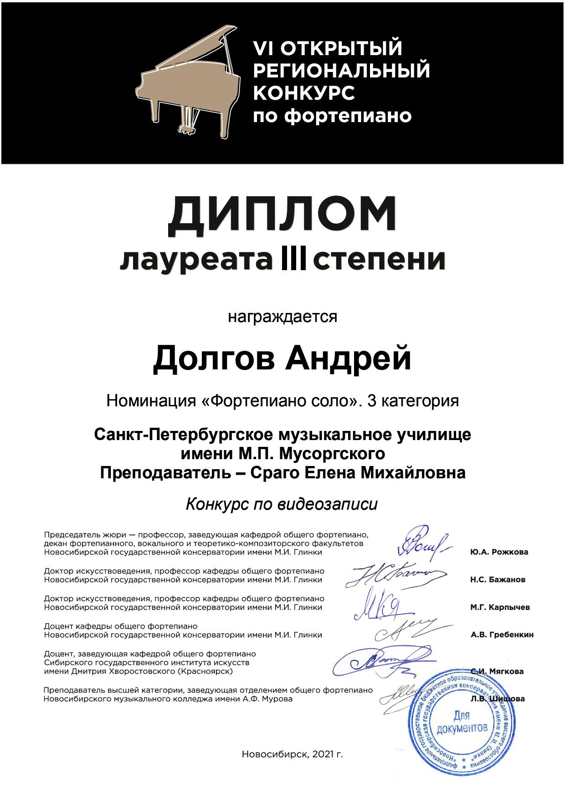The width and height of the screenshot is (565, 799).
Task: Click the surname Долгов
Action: click(214, 359)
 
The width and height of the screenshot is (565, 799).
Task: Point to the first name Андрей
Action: click(349, 359)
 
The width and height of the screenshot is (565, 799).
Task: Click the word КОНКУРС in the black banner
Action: click(304, 93)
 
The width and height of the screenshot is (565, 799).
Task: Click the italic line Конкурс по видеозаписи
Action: click(282, 504)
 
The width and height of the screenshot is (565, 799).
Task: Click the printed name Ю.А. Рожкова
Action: click(499, 552)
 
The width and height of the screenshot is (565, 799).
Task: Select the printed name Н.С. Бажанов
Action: click(498, 580)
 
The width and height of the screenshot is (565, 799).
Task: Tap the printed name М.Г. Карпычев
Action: click(500, 607)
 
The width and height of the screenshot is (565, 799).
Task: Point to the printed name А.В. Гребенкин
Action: click(502, 635)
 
